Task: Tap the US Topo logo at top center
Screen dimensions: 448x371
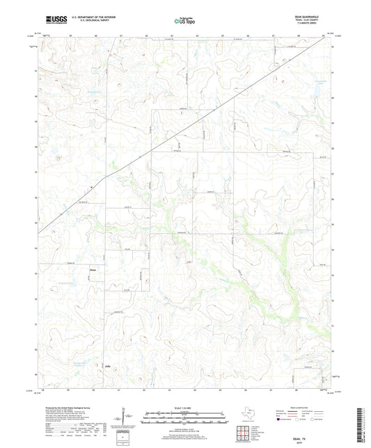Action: (x=184, y=22)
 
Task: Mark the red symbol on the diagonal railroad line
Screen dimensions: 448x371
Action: (x=91, y=186)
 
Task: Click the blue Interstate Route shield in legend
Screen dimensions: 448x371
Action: (x=280, y=420)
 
